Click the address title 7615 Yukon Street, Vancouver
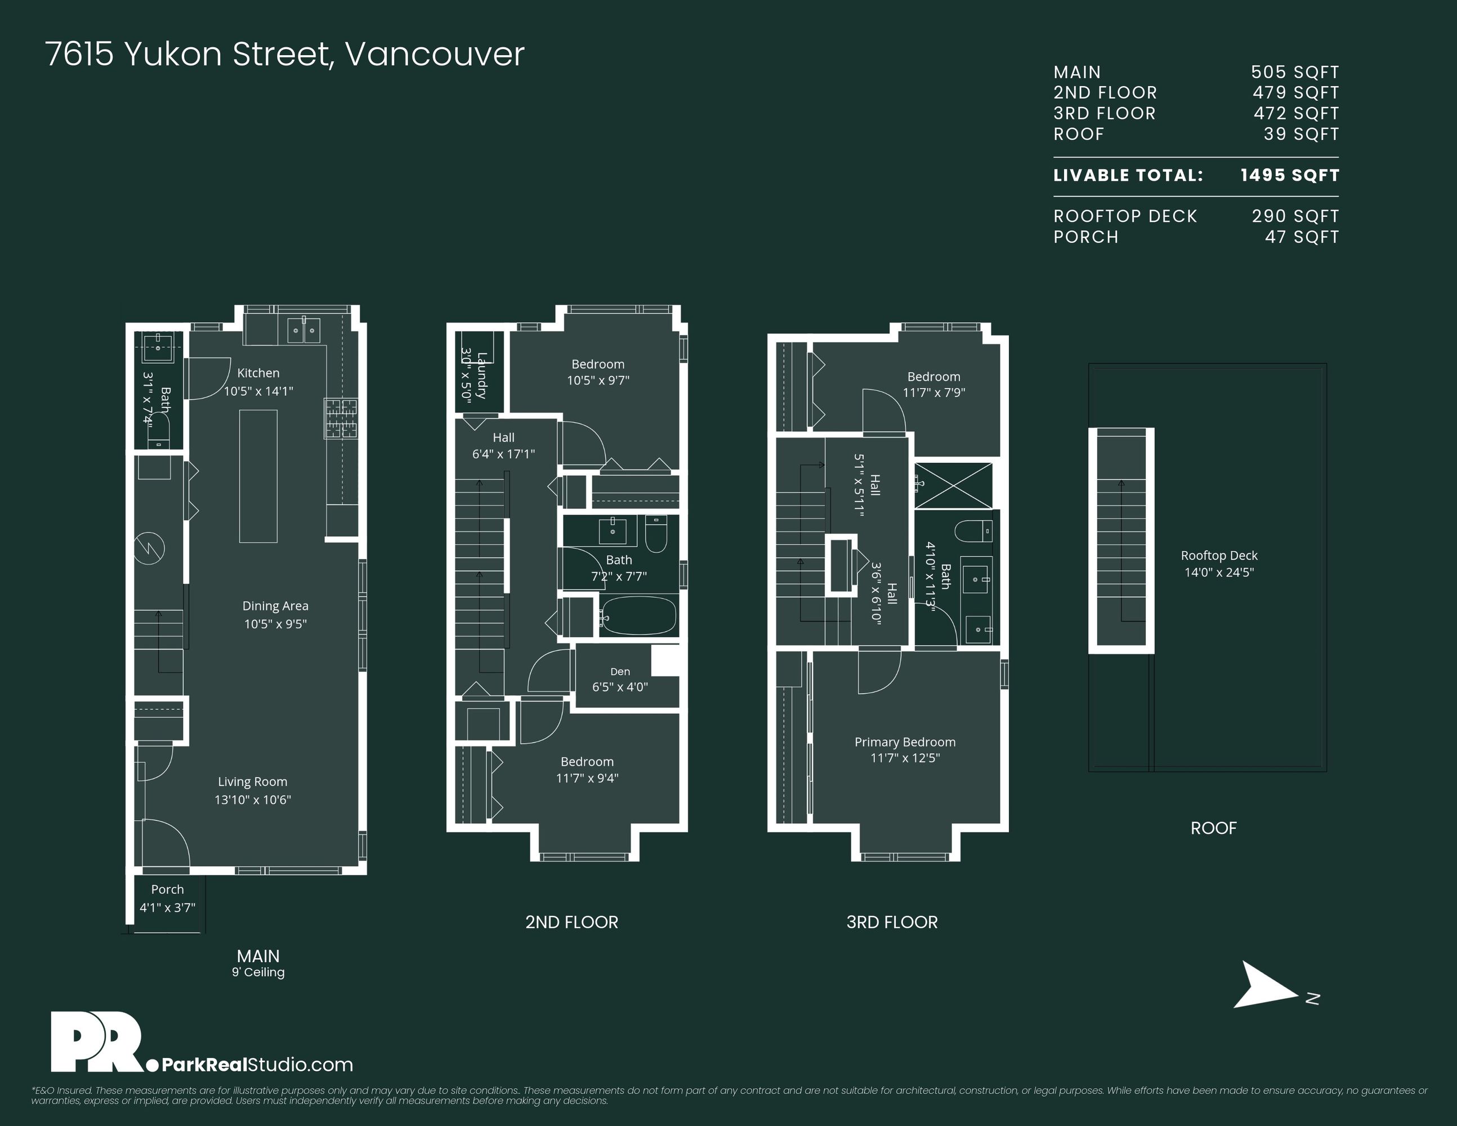285,55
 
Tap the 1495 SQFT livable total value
1290,176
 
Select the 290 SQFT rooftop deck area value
1295,216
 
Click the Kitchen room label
258,373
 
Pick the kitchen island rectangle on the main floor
258,476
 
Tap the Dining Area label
275,606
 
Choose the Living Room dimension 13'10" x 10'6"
253,799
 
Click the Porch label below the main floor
167,889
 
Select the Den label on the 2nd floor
620,672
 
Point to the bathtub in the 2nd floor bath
638,616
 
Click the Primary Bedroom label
905,742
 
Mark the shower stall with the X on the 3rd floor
953,485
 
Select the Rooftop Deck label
1219,555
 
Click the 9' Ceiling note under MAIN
258,972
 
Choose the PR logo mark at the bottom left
97,1042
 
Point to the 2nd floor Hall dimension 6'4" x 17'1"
504,454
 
